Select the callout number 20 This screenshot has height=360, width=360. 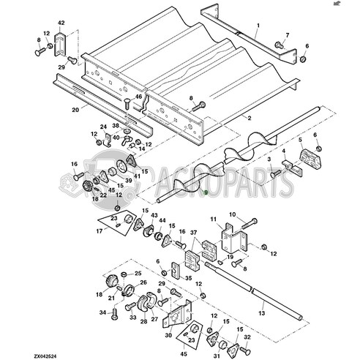(75, 110)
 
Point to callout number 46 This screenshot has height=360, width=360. (138, 96)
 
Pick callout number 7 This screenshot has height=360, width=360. (286, 35)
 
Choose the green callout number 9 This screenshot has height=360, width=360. (206, 192)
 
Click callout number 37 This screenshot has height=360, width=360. (194, 233)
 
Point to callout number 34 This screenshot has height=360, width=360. (102, 312)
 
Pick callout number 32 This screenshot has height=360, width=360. (247, 337)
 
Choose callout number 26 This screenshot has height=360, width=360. (143, 282)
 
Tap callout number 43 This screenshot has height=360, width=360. (154, 215)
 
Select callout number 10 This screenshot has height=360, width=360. (233, 214)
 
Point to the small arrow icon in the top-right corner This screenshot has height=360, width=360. (354, 4)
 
